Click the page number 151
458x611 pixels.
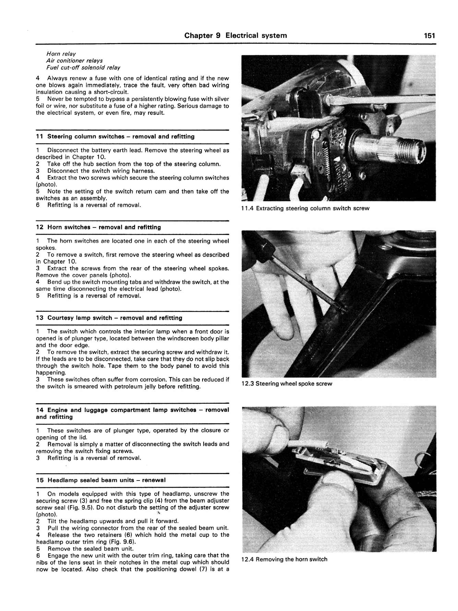point(429,36)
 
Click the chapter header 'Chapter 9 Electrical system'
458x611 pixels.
point(236,36)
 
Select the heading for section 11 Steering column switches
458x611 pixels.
point(115,137)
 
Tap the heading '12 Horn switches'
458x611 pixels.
point(98,227)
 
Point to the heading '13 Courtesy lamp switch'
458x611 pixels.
point(109,318)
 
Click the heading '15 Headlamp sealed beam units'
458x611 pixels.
point(101,480)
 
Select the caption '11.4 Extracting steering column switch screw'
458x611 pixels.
point(305,208)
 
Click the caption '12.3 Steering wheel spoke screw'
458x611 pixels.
point(287,384)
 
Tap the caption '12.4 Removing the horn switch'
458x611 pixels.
point(284,559)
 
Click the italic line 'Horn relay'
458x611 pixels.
point(61,54)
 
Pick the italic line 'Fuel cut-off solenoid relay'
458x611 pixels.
point(83,67)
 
